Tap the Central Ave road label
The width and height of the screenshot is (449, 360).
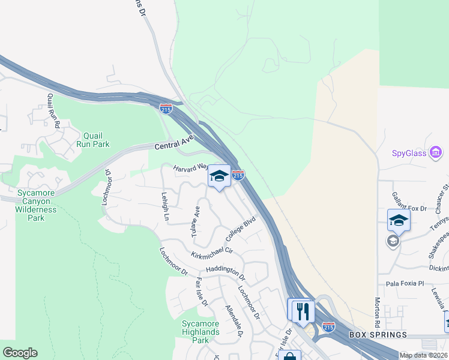pyautogui.click(x=174, y=143)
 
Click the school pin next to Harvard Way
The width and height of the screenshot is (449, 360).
pyautogui.click(x=219, y=176)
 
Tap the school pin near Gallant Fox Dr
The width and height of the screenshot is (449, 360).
pyautogui.click(x=399, y=220)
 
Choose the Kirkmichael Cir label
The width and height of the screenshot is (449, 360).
pyautogui.click(x=211, y=253)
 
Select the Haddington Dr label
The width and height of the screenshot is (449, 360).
pyautogui.click(x=225, y=273)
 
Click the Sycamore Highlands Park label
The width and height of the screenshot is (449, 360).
pyautogui.click(x=200, y=331)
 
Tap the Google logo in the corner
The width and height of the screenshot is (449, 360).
pyautogui.click(x=20, y=352)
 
